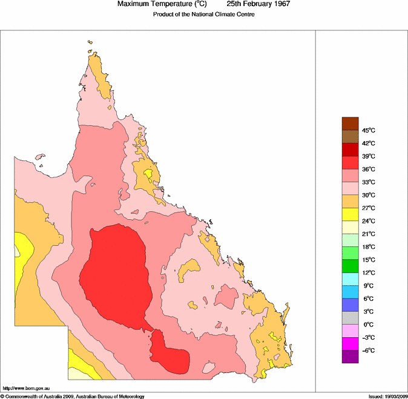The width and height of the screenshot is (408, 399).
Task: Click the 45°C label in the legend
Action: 369,130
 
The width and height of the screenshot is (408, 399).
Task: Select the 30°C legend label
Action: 369,195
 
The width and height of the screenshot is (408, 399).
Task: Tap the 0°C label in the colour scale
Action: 369,325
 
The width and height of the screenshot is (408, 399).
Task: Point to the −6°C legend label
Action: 369,351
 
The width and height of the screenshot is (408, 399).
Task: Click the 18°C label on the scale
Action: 369,247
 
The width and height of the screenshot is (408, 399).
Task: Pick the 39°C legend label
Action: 369,156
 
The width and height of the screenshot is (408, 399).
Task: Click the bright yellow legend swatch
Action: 350,214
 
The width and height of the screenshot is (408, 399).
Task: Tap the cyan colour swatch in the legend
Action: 350,279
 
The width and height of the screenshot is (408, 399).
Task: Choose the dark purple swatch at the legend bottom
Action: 350,357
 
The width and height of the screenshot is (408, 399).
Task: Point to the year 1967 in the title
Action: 279,4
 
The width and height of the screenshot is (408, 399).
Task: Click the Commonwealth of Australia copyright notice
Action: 73,396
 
